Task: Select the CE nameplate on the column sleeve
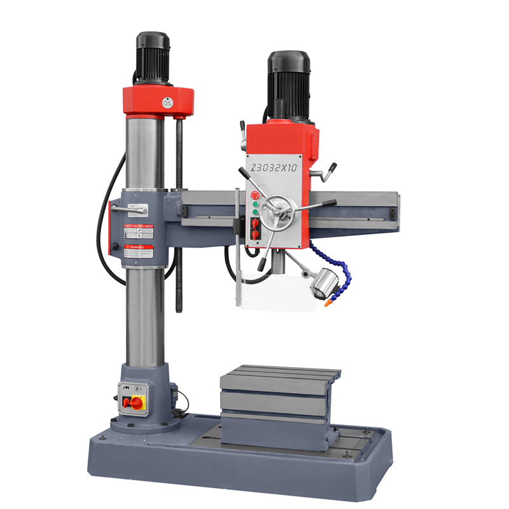coord(133,206)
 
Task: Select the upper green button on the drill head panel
coord(254,204)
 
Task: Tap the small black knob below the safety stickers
coord(115,247)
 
